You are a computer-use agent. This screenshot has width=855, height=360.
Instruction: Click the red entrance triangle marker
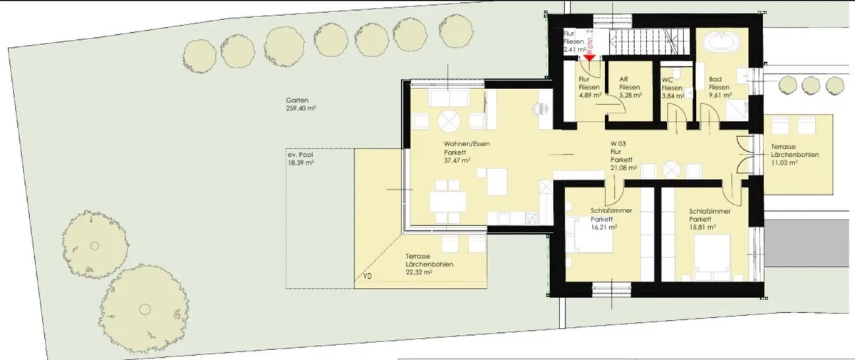pos(590,58)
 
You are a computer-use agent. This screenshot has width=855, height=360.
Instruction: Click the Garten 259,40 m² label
pos(301,104)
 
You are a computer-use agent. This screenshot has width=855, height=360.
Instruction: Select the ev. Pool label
pos(301,155)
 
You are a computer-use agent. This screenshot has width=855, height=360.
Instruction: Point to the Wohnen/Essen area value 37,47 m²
pos(457,160)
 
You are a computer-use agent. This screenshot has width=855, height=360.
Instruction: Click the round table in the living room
pos(449,121)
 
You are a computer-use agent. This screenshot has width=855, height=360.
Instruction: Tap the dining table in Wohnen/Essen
pos(447,201)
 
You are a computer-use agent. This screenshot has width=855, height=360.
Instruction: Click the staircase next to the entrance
pos(649,43)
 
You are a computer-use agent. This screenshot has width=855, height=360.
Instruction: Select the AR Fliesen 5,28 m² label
pos(630,88)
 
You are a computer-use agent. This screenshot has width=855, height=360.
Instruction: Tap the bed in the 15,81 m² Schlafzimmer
pos(712,257)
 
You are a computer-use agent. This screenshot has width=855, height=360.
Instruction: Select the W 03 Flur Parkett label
pos(621,152)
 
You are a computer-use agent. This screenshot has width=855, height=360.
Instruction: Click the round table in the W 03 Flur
pos(671,170)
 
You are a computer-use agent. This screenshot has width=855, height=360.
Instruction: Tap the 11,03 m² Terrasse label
pos(794,155)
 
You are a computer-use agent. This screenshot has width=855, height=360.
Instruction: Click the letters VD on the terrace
pos(368,276)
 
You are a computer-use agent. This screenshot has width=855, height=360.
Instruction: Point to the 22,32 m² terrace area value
pos(419,272)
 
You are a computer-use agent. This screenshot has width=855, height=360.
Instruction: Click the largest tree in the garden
pos(144,309)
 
